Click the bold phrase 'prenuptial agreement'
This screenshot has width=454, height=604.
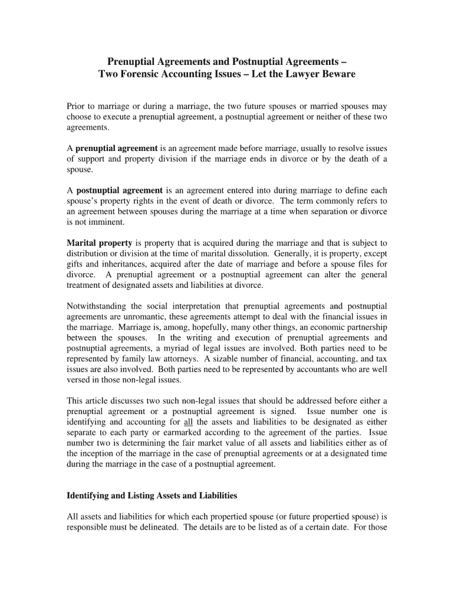(x=116, y=148)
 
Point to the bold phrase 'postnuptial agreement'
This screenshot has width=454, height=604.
(x=119, y=191)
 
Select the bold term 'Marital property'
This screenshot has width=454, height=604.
(x=100, y=243)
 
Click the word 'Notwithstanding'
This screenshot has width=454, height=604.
(x=96, y=306)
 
